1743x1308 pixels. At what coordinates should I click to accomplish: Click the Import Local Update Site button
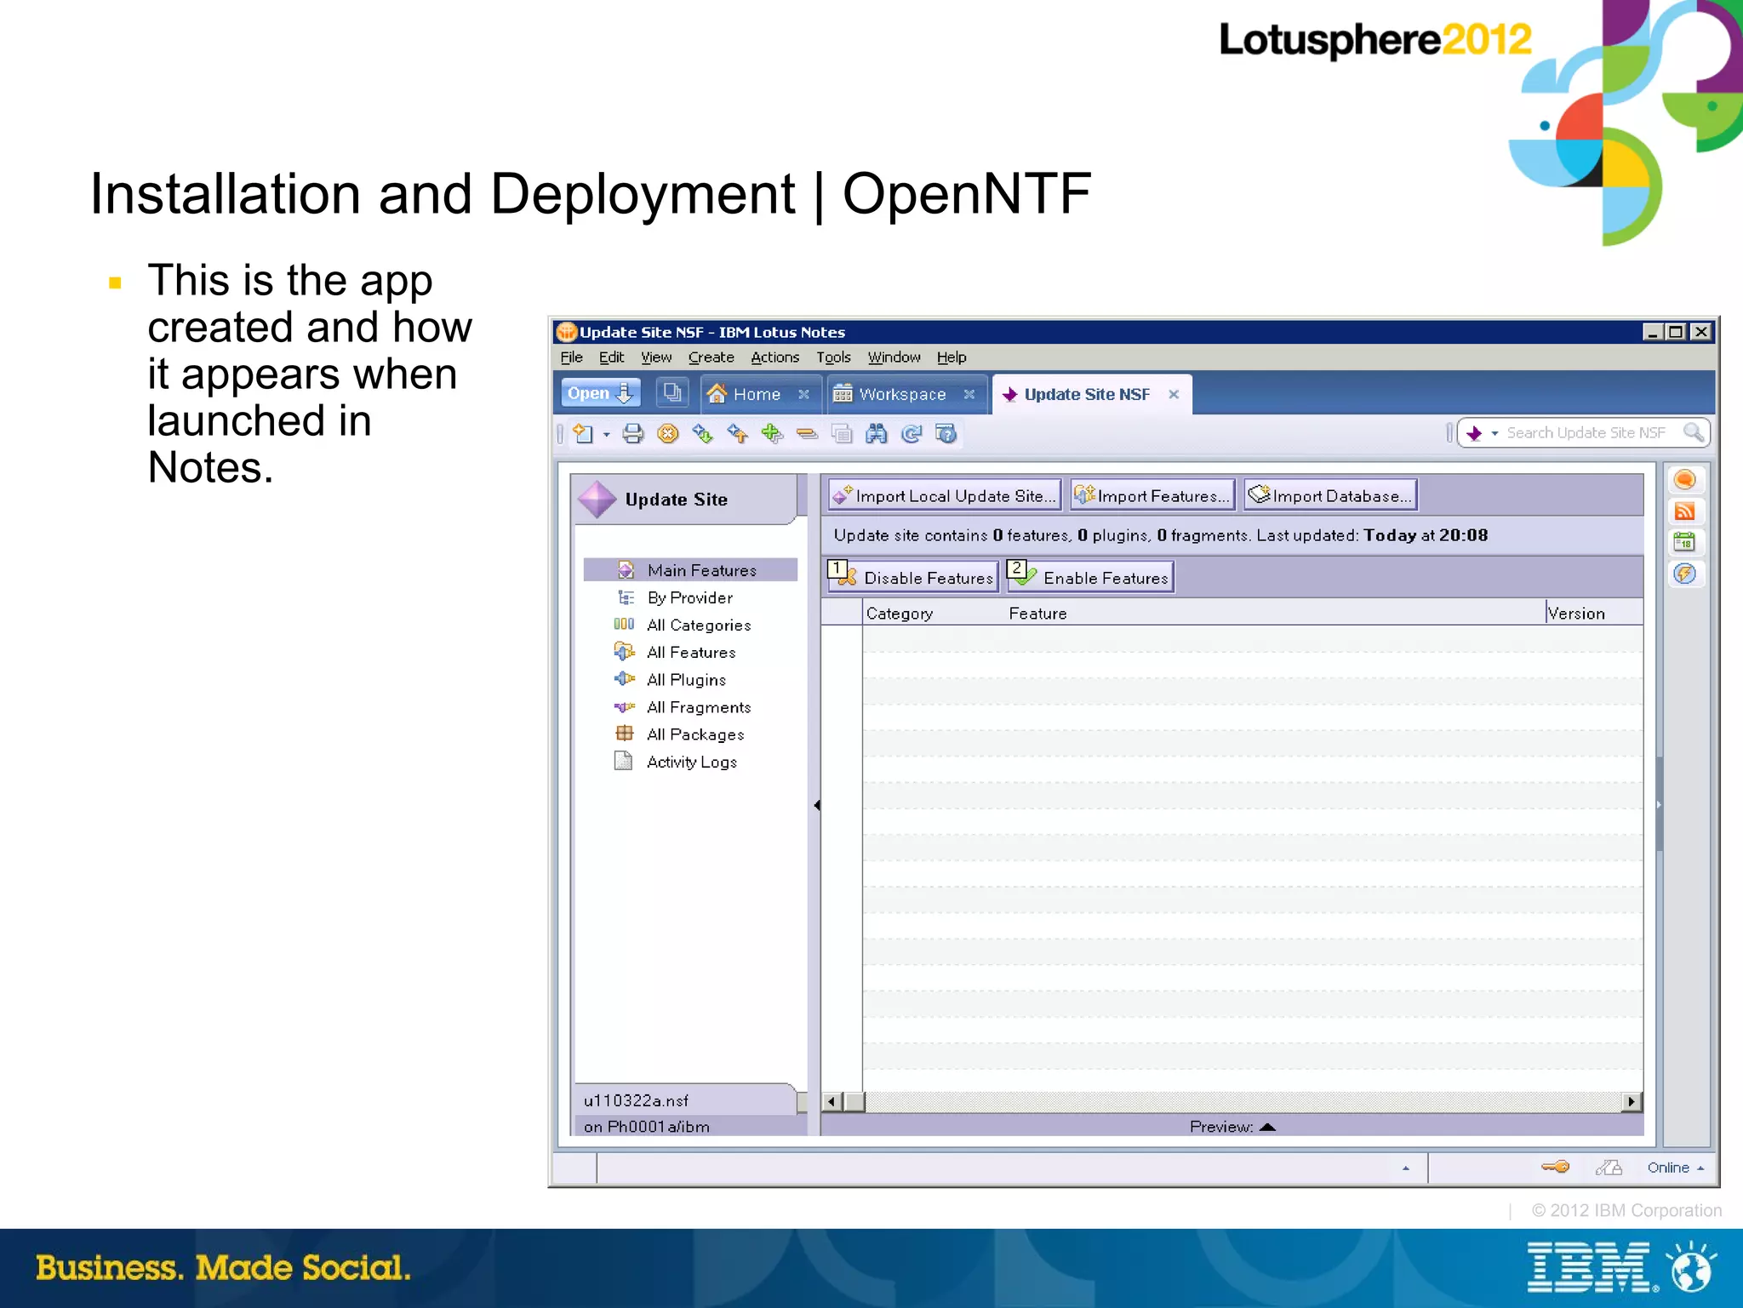[945, 496]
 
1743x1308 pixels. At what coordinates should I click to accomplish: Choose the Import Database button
[1330, 496]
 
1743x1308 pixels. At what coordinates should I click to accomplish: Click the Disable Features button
[913, 578]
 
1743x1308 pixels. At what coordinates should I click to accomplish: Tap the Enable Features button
[1090, 578]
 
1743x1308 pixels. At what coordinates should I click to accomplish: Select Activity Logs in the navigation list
[691, 763]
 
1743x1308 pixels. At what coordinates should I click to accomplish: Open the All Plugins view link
[686, 680]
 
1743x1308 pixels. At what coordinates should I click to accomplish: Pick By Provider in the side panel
[689, 598]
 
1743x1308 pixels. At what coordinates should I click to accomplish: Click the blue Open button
[599, 393]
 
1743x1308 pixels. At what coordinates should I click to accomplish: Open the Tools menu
[833, 357]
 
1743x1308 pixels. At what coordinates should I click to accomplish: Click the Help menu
[952, 357]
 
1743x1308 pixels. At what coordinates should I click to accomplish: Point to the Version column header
[1576, 614]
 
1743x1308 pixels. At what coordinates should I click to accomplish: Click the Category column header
[900, 614]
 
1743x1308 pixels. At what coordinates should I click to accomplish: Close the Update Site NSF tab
[1174, 394]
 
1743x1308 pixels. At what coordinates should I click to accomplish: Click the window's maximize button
[1676, 332]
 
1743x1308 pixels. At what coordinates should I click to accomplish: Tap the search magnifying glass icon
[1693, 433]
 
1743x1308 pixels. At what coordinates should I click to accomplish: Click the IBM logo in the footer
[1588, 1268]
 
